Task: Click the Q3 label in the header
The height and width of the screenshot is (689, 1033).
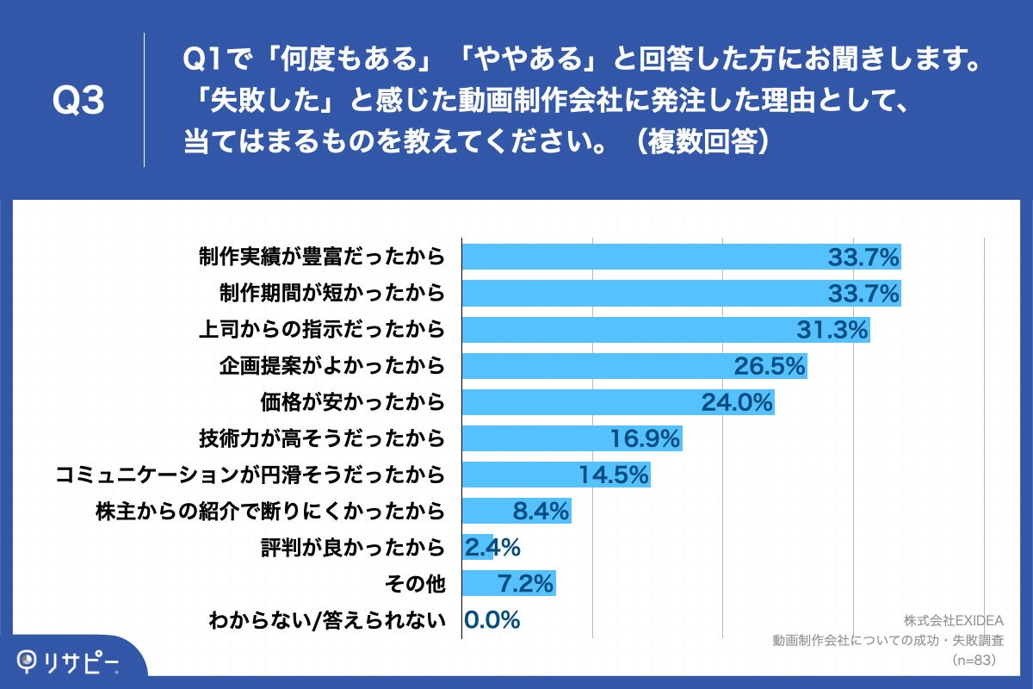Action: click(x=78, y=102)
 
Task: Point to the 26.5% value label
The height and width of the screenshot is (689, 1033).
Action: click(x=769, y=366)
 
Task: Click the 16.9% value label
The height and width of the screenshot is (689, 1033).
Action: click(x=645, y=439)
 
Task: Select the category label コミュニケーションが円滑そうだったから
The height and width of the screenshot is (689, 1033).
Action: click(x=250, y=475)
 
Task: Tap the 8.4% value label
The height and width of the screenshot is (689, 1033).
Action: click(x=541, y=512)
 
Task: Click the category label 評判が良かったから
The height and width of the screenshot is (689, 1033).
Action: click(x=353, y=548)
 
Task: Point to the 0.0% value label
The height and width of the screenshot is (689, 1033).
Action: click(x=492, y=620)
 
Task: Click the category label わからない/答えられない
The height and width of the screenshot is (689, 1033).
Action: click(x=327, y=621)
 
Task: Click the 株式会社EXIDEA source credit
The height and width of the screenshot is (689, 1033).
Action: click(x=949, y=620)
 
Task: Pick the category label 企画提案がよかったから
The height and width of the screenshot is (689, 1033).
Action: click(x=333, y=366)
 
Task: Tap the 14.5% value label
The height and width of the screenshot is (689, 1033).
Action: click(x=613, y=475)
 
